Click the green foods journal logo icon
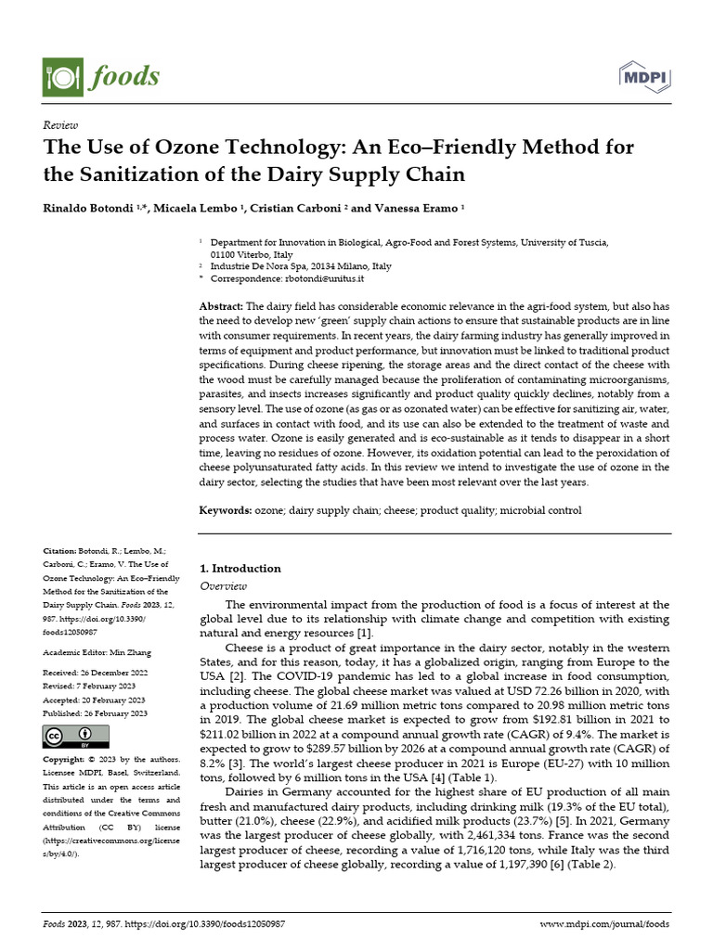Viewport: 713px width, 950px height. pos(62,76)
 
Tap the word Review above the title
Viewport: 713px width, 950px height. pos(60,125)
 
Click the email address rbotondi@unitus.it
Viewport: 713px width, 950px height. pos(324,278)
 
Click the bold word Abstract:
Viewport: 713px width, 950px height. pos(222,306)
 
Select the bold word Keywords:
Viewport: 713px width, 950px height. pos(227,510)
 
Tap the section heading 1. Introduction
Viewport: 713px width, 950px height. pos(240,568)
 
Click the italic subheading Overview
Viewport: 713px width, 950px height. pos(224,586)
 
